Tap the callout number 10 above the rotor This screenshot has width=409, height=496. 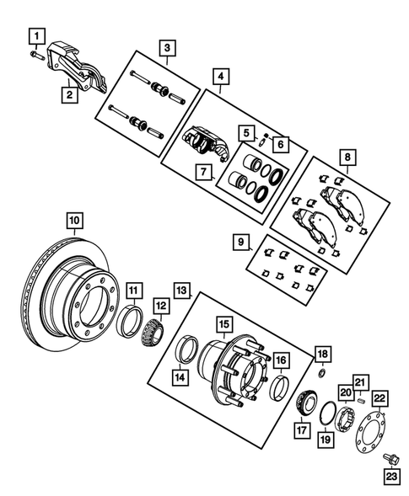(x=75, y=221)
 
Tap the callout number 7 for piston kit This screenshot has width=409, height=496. (x=202, y=173)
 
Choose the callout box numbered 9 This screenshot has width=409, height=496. (x=242, y=243)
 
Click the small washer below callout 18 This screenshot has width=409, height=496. (x=320, y=371)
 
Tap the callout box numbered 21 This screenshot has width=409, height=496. (x=361, y=381)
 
